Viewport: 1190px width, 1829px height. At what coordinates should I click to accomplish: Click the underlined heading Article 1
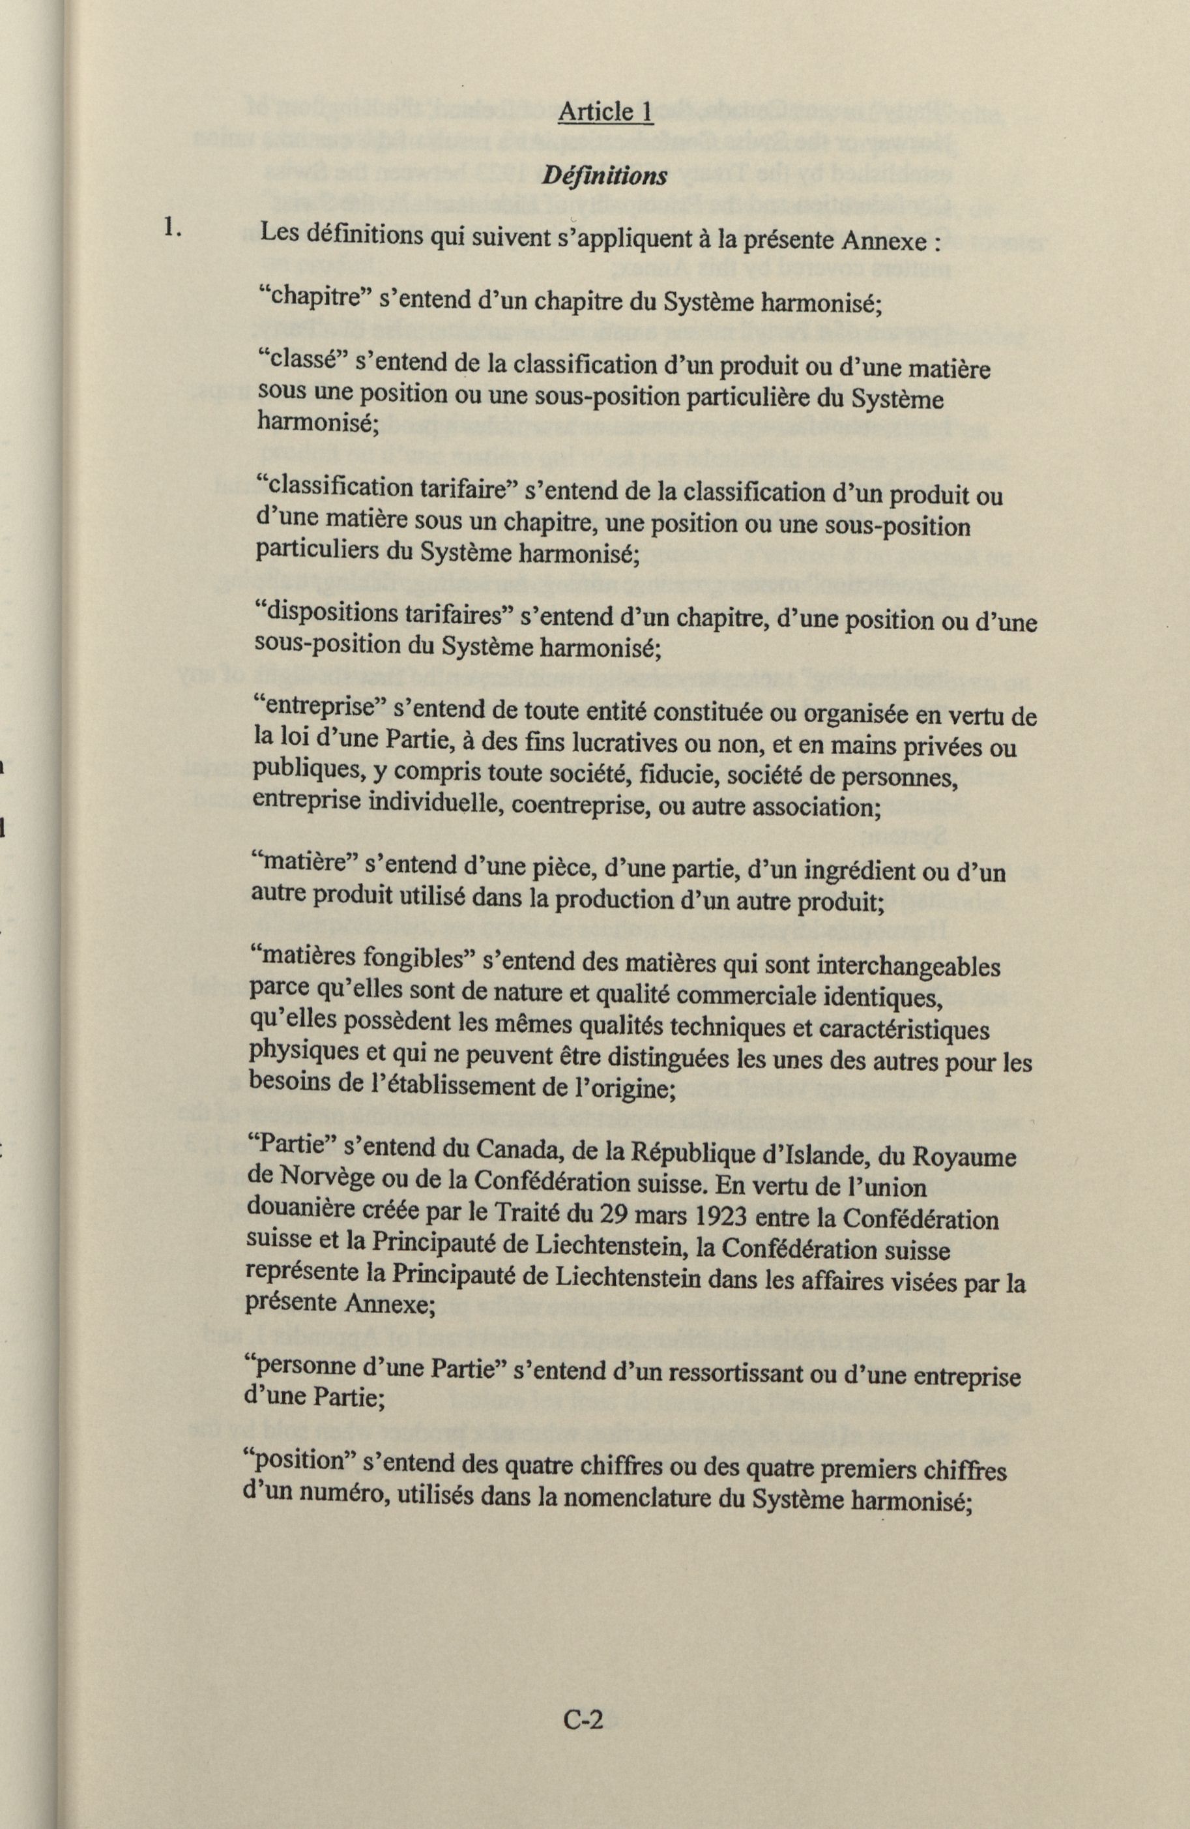[605, 112]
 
